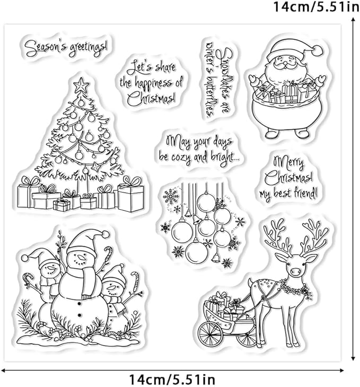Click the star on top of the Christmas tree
pyautogui.click(x=81, y=84)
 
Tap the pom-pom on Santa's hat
pyautogui.click(x=317, y=50)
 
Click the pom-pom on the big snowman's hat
pyautogui.click(x=106, y=234)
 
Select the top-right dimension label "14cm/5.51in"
pyautogui.click(x=315, y=8)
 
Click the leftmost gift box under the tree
pyautogui.click(x=28, y=194)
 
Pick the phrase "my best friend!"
pyautogui.click(x=289, y=192)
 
